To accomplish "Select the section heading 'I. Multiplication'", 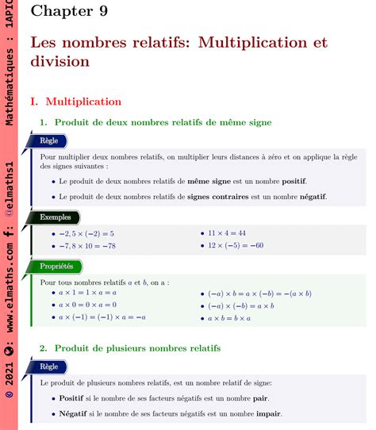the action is tap(75, 102).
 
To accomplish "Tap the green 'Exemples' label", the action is tap(55, 216).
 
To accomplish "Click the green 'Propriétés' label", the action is tap(56, 267).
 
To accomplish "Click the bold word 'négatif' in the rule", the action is tap(309, 196).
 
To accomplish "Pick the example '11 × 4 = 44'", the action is tap(227, 233).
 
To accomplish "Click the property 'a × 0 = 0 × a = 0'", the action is tap(87, 305).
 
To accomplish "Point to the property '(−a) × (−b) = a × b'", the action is tap(240, 305).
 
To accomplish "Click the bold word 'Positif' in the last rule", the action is tap(71, 398).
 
